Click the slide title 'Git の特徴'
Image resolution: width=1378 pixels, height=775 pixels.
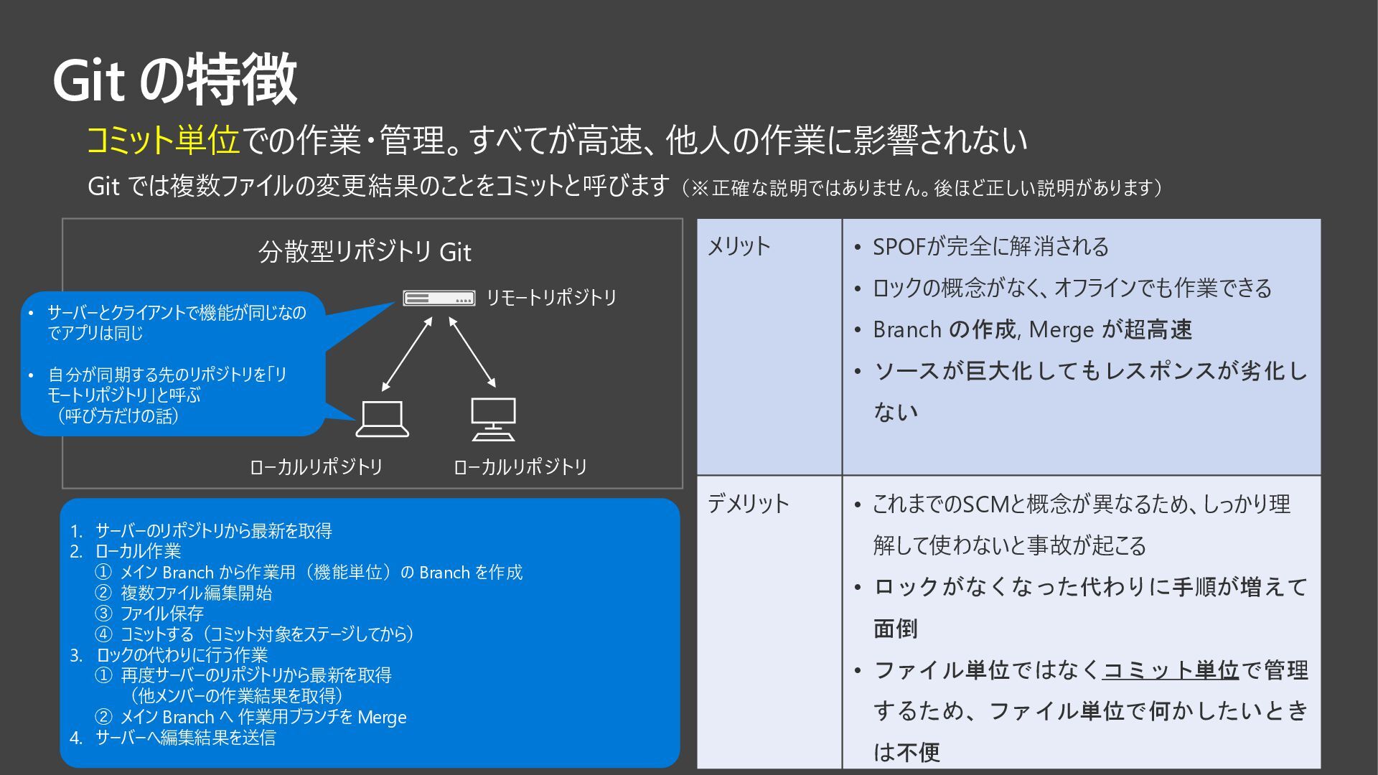pos(175,79)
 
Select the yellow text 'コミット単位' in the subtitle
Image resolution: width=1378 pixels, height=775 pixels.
pos(163,140)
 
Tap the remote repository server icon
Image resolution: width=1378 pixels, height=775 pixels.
pos(439,298)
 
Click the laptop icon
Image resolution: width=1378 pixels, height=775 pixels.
pos(383,419)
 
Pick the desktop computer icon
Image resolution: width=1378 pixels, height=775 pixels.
pos(493,419)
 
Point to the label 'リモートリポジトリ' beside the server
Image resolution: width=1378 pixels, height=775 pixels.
pos(551,298)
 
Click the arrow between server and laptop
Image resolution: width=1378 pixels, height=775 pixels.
pos(407,354)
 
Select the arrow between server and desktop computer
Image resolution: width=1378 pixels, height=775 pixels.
pos(472,352)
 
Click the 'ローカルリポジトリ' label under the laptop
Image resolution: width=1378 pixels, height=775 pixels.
pos(316,467)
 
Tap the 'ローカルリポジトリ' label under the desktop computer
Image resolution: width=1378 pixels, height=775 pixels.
pos(520,467)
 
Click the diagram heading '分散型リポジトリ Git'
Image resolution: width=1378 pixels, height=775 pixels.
pos(365,253)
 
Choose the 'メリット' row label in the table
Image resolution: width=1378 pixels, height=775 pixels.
pos(739,247)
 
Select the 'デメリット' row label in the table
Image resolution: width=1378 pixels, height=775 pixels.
pos(748,504)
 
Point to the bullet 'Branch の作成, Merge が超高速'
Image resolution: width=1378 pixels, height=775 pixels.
pos(1032,330)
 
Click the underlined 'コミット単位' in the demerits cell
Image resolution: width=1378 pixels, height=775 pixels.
pos(1171,670)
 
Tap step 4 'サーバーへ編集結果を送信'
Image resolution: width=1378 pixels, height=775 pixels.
pos(185,738)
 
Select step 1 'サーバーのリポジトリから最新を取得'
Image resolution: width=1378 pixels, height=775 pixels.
pos(213,531)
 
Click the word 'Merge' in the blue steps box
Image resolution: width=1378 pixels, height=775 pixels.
pos(382,717)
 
